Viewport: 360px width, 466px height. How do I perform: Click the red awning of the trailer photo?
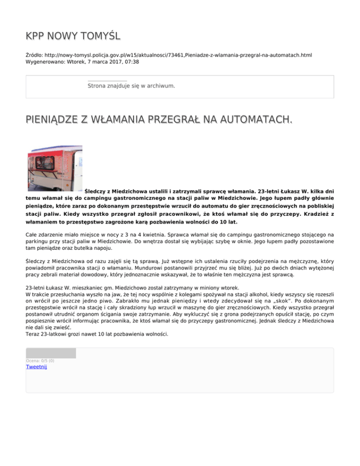click(x=52, y=152)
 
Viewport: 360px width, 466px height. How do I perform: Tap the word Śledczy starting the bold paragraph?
click(x=97, y=191)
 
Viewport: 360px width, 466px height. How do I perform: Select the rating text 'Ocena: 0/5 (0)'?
click(x=40, y=361)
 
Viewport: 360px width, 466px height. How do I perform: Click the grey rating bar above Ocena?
click(x=51, y=353)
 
